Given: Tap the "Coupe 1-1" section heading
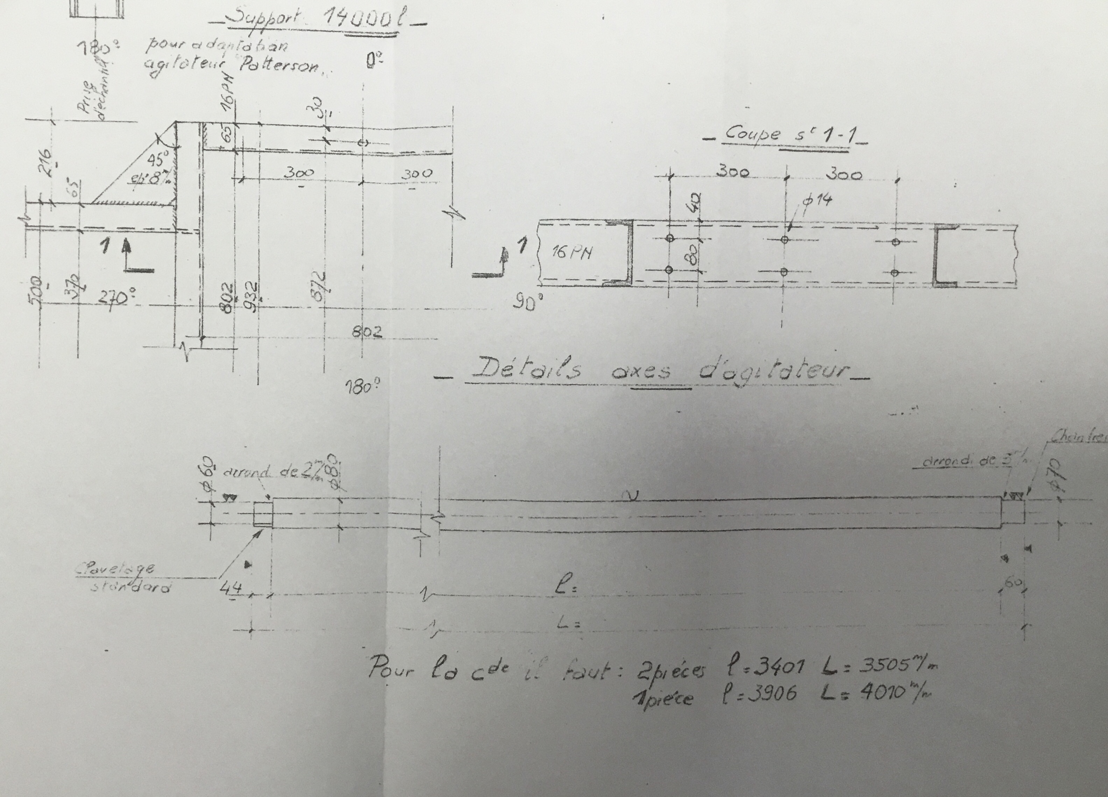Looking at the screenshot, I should [787, 135].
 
